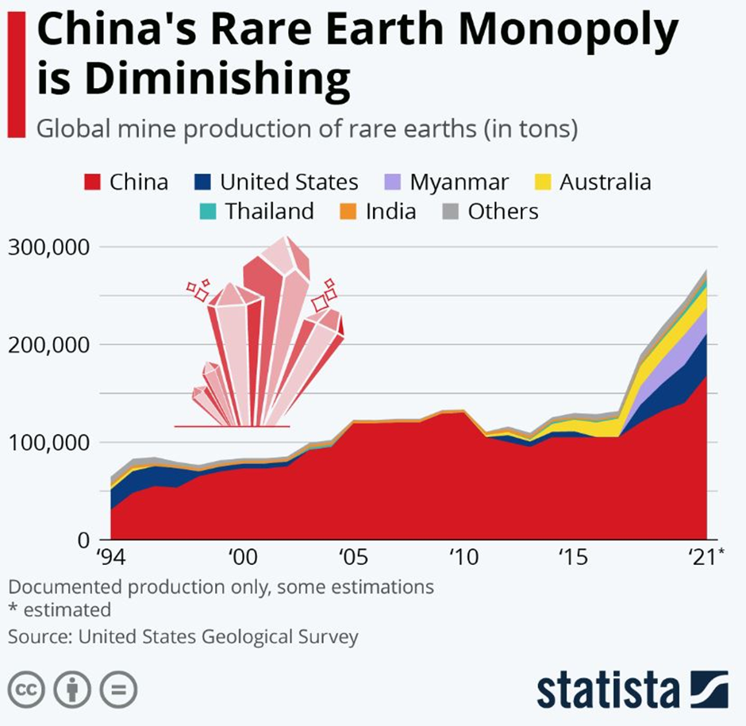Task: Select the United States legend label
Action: point(289,182)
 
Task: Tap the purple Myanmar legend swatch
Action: point(392,182)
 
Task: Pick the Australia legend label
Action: point(605,182)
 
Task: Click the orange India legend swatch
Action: point(348,212)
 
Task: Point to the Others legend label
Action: point(503,212)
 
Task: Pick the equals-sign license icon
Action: point(118,688)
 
